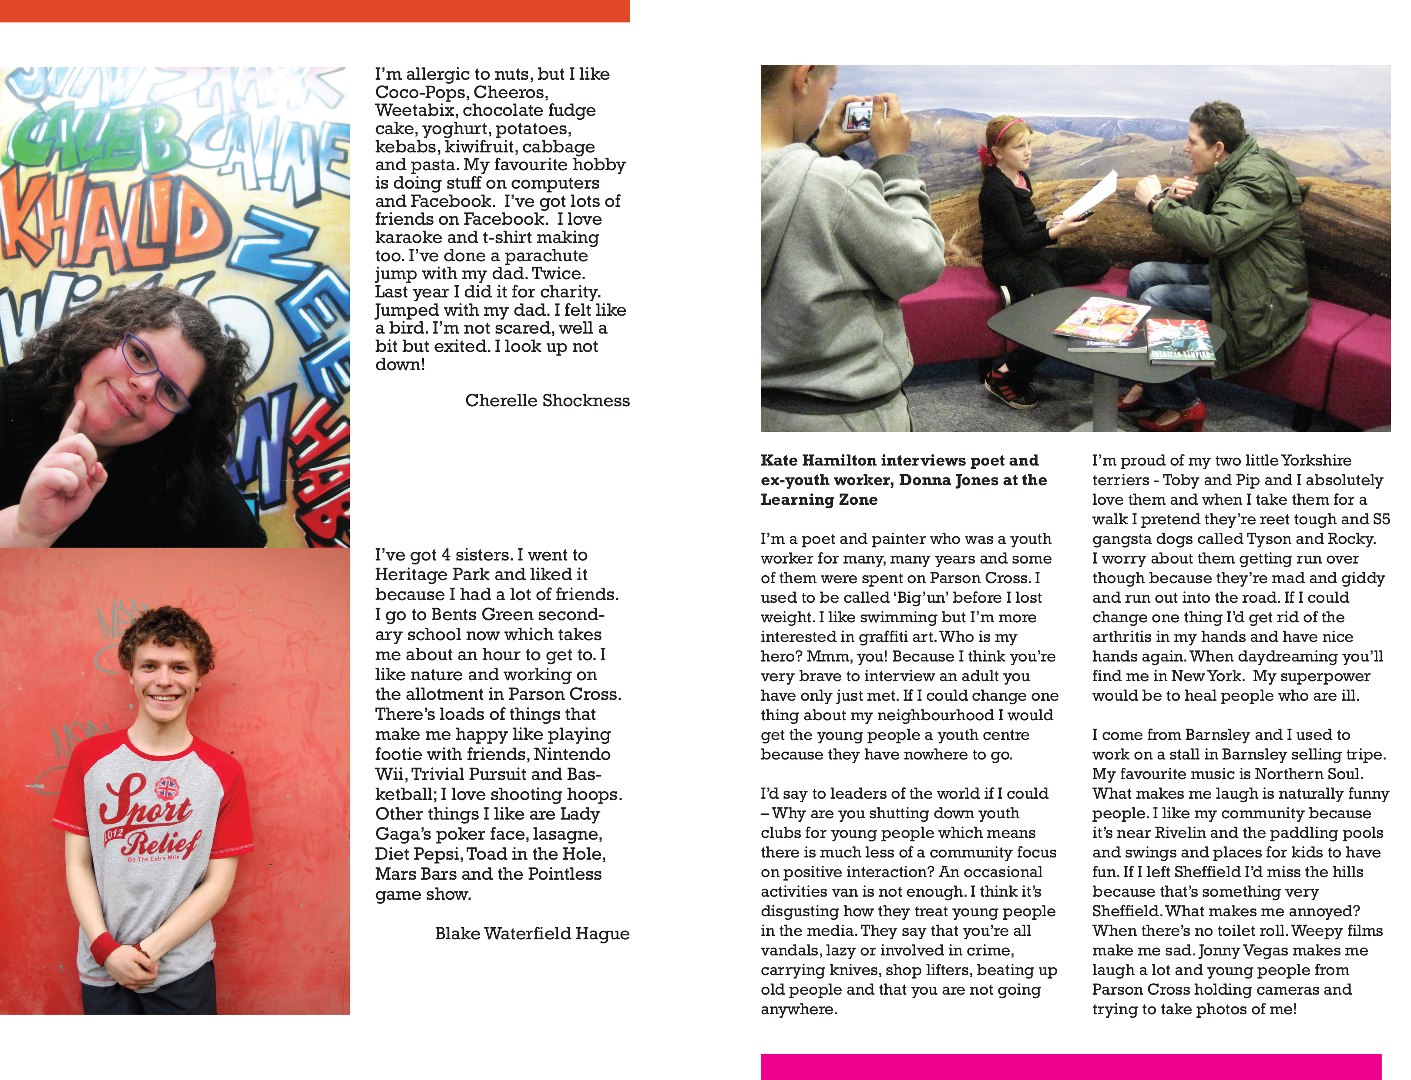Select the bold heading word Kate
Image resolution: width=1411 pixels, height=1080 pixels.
[779, 460]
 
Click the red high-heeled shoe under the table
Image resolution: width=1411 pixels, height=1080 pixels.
[1176, 418]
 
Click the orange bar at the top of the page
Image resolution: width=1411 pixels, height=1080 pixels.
[315, 10]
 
